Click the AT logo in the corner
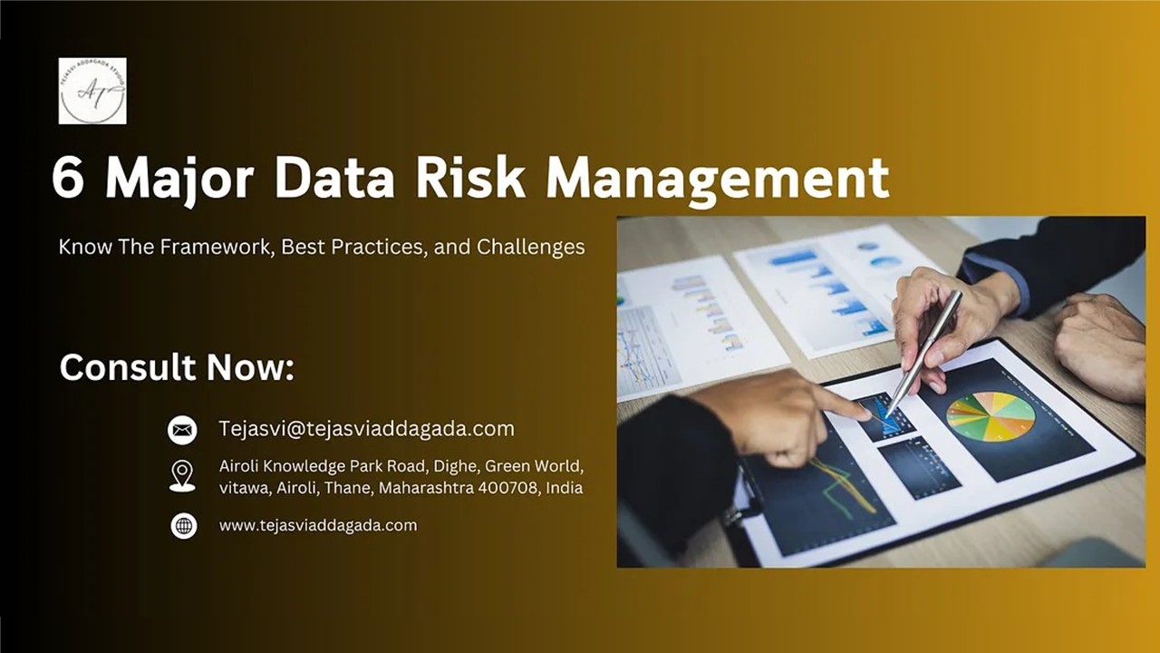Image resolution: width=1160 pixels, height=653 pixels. [92, 91]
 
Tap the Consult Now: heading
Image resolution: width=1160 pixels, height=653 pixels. [177, 367]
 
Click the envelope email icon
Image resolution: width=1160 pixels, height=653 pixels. [182, 430]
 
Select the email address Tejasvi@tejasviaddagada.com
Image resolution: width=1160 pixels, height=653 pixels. [366, 429]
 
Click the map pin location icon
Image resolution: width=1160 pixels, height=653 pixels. [182, 476]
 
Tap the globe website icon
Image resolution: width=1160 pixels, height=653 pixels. [183, 526]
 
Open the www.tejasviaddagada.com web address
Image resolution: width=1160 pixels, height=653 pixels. [318, 525]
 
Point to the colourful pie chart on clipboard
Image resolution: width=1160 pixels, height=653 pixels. [991, 416]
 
